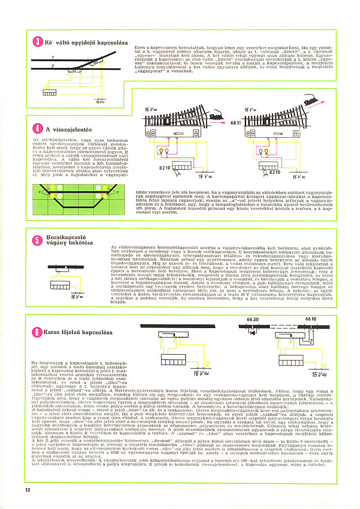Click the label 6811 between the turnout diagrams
[236, 122]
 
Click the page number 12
[28, 490]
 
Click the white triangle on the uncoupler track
[65, 267]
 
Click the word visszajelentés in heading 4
[72, 130]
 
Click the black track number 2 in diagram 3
[52, 66]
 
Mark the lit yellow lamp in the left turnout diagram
[161, 151]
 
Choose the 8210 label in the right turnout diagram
[274, 172]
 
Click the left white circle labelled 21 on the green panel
[59, 188]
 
